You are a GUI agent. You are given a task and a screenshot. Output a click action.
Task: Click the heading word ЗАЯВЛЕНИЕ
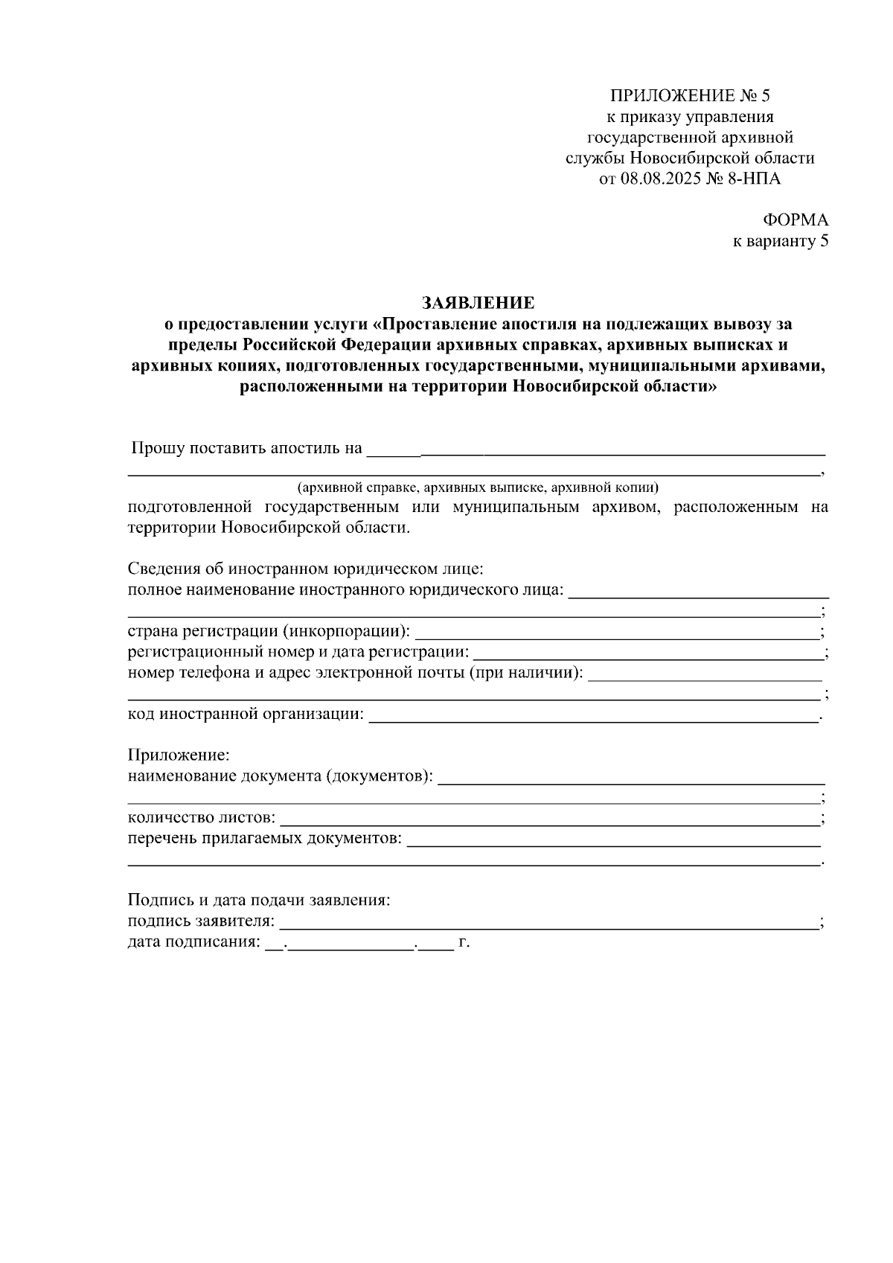pos(478,303)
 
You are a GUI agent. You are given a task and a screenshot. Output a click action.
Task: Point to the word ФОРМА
pos(795,220)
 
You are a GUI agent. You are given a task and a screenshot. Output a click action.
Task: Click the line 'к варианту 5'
pos(781,241)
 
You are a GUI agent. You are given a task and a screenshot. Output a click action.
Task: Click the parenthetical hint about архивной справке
pos(478,488)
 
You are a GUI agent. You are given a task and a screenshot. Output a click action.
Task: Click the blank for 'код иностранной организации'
pos(593,717)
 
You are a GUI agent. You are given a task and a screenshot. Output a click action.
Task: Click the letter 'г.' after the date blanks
pos(464,943)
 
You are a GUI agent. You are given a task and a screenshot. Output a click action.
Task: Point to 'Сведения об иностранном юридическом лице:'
pos(306,569)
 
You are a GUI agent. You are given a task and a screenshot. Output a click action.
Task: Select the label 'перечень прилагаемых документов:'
pos(264,839)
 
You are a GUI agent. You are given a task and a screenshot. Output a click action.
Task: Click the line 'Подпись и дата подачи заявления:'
pos(259,900)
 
